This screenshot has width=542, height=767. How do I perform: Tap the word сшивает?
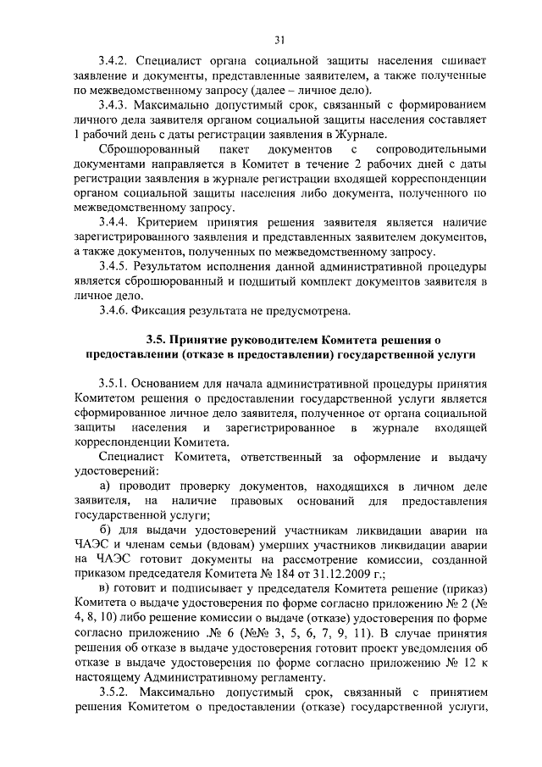(x=464, y=61)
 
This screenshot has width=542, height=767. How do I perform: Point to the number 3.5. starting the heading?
(x=157, y=339)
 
